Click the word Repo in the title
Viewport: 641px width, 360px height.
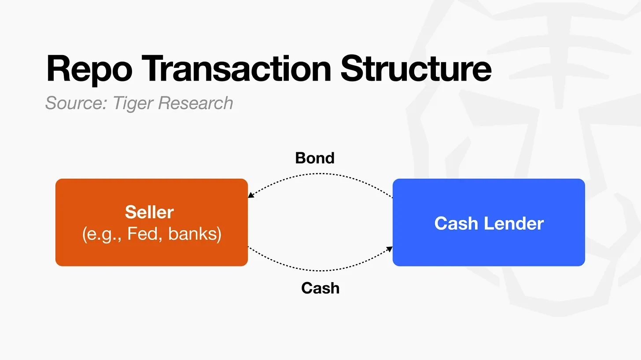click(89, 70)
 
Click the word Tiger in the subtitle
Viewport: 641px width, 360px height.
click(133, 103)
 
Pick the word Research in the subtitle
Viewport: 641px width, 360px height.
click(195, 103)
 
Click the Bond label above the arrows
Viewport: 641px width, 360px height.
click(315, 158)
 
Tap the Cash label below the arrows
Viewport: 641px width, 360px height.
click(320, 288)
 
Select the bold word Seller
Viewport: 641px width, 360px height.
click(149, 212)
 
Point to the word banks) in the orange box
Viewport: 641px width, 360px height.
click(195, 235)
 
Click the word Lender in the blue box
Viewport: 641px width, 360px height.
click(514, 223)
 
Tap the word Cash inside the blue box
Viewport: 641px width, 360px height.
click(456, 223)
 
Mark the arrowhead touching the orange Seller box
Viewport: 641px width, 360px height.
click(251, 195)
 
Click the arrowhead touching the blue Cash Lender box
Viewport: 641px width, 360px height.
click(390, 249)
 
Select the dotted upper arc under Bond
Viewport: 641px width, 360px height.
click(320, 174)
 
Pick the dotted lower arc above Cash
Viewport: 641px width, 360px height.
click(320, 270)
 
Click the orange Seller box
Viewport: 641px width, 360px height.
click(151, 222)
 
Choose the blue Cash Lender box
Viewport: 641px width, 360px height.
click(489, 222)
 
